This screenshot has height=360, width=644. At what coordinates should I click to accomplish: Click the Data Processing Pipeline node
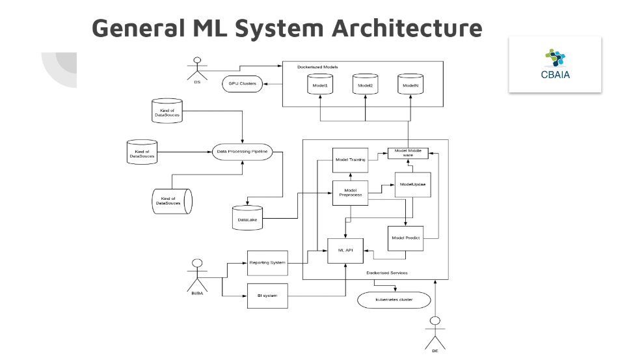click(241, 152)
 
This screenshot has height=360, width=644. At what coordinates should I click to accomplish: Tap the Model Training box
click(351, 159)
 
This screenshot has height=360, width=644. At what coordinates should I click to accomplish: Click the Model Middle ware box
click(408, 154)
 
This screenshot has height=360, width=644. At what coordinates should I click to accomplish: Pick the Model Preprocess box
click(351, 193)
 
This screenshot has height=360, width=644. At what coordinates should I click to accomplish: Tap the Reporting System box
click(267, 262)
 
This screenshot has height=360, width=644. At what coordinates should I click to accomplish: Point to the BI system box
click(267, 297)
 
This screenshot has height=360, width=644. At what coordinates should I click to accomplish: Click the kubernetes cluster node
click(394, 300)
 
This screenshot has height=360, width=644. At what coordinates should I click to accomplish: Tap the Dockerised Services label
click(387, 273)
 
